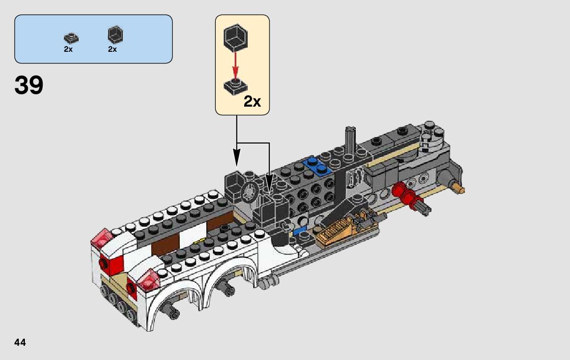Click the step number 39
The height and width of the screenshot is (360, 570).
(x=29, y=85)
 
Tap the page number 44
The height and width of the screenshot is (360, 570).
(x=20, y=342)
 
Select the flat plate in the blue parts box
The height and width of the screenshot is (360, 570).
(x=71, y=38)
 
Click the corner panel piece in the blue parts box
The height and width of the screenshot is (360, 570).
(x=115, y=35)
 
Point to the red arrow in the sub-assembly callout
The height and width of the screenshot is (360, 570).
(x=236, y=65)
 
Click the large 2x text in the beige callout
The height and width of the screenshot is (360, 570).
(x=252, y=102)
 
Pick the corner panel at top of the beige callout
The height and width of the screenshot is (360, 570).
(x=236, y=37)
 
